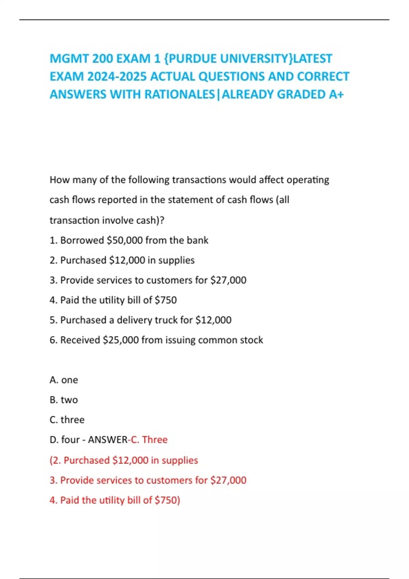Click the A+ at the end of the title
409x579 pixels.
pos(336,94)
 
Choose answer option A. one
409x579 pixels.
pos(64,380)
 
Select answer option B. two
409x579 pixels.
pos(64,400)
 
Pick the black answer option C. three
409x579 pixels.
pos(67,420)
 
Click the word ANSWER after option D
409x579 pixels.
pos(107,440)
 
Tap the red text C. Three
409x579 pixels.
pos(149,440)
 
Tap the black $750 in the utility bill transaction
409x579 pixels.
pos(166,300)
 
